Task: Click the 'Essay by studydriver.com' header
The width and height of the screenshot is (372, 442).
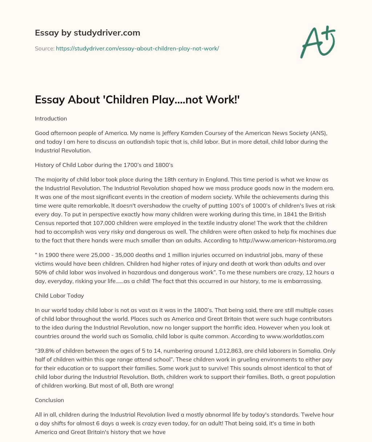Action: pos(87,33)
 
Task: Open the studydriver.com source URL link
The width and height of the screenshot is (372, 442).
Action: pos(137,48)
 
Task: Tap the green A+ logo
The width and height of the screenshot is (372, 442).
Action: pos(318,42)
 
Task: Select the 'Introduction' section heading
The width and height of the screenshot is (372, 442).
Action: pos(51,118)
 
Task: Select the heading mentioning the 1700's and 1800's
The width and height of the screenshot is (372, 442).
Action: pos(104,165)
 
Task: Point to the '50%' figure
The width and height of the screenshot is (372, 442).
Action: pos(42,272)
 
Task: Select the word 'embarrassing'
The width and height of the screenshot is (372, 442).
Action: pos(304,281)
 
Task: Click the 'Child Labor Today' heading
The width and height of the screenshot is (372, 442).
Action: pos(59,295)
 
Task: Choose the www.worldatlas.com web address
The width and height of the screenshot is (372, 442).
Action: pos(295,336)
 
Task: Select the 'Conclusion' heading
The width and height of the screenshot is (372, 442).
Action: pos(49,400)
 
